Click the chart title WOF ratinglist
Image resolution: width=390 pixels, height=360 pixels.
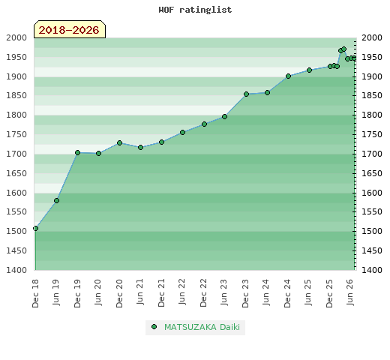point(195,10)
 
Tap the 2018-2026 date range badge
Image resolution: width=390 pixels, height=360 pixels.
point(70,29)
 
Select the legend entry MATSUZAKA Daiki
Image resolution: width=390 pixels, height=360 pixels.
point(202,327)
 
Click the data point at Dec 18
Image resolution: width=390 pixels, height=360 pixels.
point(35,228)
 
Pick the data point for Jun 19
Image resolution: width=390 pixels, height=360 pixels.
point(56,200)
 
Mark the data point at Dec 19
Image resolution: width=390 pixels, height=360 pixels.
point(77,152)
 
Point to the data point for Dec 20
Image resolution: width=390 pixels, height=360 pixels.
point(119,142)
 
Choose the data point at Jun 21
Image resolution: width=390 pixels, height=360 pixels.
point(140,148)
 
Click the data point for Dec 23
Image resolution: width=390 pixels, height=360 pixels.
point(246,94)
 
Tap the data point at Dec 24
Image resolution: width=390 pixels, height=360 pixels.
point(288,76)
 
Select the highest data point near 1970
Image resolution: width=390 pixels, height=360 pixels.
point(344,49)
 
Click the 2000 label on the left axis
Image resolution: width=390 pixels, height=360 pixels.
point(16,37)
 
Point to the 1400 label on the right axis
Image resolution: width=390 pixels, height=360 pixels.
point(372,270)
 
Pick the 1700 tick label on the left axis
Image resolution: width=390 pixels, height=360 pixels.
point(16,154)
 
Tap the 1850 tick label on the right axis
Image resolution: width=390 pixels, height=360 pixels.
point(372,95)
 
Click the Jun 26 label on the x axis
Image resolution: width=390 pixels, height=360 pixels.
point(350,292)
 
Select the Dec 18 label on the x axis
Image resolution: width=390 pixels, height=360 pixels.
point(35,293)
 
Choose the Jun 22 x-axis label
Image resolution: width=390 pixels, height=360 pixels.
point(182,292)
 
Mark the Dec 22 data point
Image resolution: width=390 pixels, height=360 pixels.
point(204,124)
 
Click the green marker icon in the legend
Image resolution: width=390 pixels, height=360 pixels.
point(154,327)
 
